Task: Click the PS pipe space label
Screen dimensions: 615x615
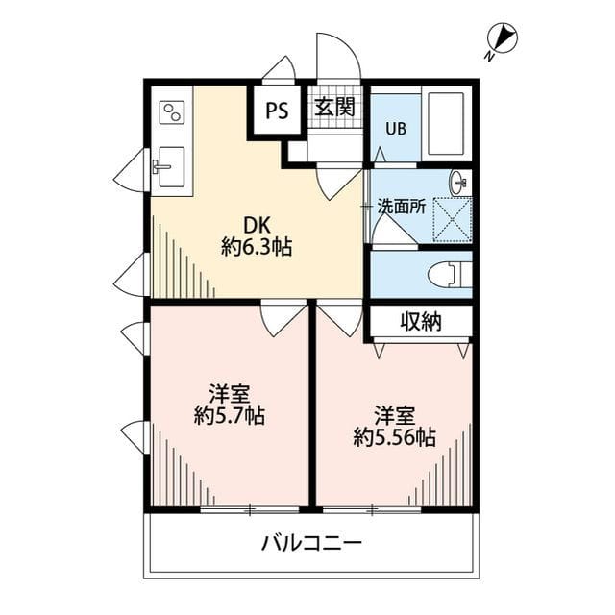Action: [x=277, y=109]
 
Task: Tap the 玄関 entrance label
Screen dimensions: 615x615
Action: [x=334, y=106]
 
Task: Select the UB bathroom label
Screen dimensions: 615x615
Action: [x=396, y=129]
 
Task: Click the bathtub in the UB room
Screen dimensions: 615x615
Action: [x=447, y=125]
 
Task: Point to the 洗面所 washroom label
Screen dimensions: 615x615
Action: [x=400, y=205]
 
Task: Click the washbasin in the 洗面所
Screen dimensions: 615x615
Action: [x=458, y=181]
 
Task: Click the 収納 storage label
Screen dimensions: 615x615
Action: [x=420, y=322]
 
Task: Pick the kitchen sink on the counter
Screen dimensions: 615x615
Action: [x=169, y=169]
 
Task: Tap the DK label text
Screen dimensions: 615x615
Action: [x=256, y=225]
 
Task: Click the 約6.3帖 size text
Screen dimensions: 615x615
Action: [x=256, y=247]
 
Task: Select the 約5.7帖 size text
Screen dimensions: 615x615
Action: [x=229, y=416]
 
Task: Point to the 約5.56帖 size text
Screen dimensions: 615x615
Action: [x=394, y=438]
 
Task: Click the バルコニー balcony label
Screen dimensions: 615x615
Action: [x=312, y=544]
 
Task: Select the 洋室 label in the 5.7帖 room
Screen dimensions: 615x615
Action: [x=230, y=393]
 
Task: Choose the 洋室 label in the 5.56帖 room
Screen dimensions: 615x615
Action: [x=394, y=415]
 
